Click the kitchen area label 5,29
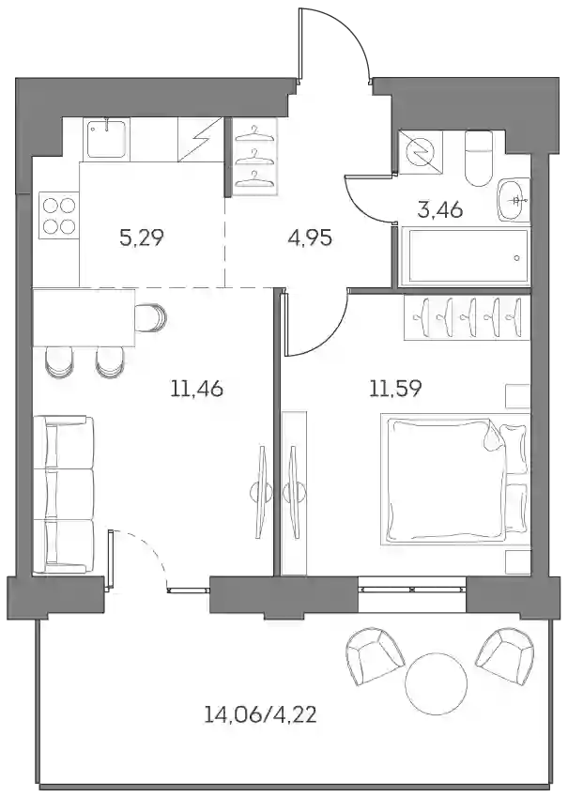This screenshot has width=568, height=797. [x=142, y=238]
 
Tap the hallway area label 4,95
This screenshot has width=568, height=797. [x=310, y=238]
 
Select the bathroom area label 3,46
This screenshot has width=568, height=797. [x=440, y=209]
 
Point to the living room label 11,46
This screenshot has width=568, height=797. [x=197, y=390]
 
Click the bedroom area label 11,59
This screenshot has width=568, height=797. [x=395, y=390]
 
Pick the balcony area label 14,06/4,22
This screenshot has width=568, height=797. [x=260, y=715]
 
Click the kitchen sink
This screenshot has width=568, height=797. [x=108, y=138]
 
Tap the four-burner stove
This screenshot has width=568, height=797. [x=59, y=216]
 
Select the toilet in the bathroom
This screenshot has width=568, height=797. [x=479, y=158]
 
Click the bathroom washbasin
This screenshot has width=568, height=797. [x=514, y=200]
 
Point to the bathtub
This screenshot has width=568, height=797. [x=466, y=257]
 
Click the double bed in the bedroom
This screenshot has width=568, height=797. [x=455, y=480]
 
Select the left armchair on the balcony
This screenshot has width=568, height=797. [x=375, y=656]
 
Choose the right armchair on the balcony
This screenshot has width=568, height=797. [x=505, y=654]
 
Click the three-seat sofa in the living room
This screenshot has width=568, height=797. [x=64, y=495]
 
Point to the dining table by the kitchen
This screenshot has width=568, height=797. [x=84, y=317]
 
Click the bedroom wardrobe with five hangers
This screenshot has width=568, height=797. [x=467, y=317]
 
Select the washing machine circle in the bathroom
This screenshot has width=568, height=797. [x=421, y=151]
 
